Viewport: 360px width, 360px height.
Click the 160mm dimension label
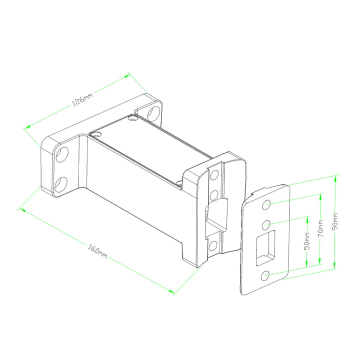point(97,249)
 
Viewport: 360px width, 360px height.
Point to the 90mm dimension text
point(335,220)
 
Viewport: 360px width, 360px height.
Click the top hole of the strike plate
point(267,204)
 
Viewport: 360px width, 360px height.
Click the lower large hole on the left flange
point(61,184)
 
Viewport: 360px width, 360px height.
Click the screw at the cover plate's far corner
point(132,118)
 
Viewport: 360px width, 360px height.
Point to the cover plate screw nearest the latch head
point(180,182)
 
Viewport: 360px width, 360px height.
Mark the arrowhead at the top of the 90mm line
point(336,176)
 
